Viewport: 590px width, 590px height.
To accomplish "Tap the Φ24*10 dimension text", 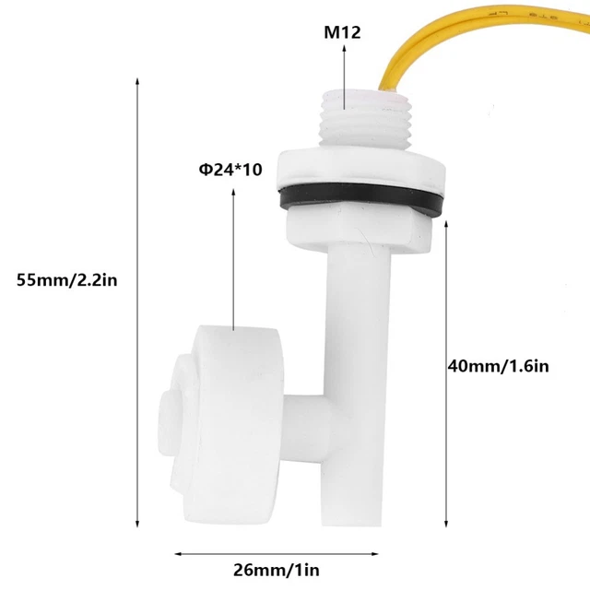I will pyautogui.click(x=231, y=171).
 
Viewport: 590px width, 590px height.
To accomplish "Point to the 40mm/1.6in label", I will pyautogui.click(x=498, y=365).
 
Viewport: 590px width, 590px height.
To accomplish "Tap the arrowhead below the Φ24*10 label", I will pyautogui.click(x=232, y=191).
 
